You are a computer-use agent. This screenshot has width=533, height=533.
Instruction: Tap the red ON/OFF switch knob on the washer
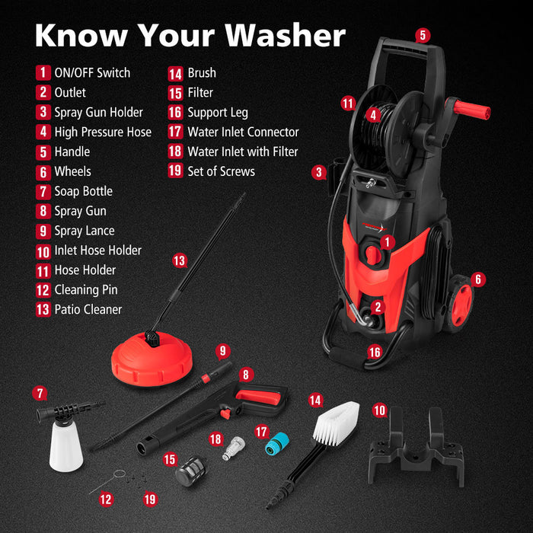pyautogui.click(x=373, y=254)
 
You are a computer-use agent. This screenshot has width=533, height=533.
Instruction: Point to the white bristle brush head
pyautogui.click(x=334, y=423)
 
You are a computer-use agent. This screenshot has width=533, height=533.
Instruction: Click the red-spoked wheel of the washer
pyautogui.click(x=460, y=305)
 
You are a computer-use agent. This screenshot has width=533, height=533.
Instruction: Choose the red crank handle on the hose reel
pyautogui.click(x=471, y=108)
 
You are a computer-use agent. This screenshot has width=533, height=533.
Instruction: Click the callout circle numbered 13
pyautogui.click(x=179, y=261)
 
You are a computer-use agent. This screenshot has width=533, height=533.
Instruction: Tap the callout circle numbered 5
pyautogui.click(x=423, y=34)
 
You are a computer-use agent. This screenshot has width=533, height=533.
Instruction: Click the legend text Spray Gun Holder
pyautogui.click(x=98, y=112)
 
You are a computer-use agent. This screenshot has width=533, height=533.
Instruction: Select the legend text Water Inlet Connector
pyautogui.click(x=243, y=132)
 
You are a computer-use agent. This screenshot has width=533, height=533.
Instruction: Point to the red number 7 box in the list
pyautogui.click(x=43, y=191)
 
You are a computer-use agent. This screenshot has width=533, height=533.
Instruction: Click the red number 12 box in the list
pyautogui.click(x=43, y=289)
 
